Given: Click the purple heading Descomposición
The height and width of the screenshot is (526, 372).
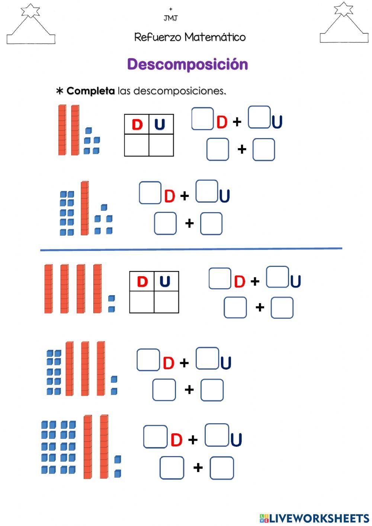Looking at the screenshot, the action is [x=187, y=64].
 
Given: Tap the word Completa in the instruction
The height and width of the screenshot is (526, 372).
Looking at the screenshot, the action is [x=90, y=91].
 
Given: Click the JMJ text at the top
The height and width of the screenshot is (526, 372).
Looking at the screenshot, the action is [x=171, y=18].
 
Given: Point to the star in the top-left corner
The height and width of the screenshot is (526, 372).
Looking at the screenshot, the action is [x=30, y=10].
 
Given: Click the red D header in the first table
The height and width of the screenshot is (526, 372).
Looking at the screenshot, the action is [x=137, y=125].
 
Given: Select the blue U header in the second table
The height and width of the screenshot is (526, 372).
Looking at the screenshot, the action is [x=165, y=282].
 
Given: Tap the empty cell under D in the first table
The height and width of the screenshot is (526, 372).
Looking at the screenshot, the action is [x=137, y=145].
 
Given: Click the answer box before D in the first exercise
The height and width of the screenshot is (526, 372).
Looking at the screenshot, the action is [x=203, y=119].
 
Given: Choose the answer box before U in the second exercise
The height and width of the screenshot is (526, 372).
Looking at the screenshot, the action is [x=206, y=191].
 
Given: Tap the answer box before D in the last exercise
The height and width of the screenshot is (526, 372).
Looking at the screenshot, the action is [x=155, y=437].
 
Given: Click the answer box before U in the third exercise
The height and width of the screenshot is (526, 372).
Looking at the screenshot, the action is [x=278, y=277].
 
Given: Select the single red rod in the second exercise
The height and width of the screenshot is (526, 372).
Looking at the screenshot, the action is [x=85, y=208].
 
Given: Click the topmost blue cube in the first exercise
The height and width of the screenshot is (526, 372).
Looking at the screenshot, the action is [x=88, y=131].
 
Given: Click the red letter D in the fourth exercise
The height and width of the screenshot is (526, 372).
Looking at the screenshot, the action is [x=169, y=363].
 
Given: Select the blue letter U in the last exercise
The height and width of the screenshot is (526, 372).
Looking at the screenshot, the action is [x=236, y=440].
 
